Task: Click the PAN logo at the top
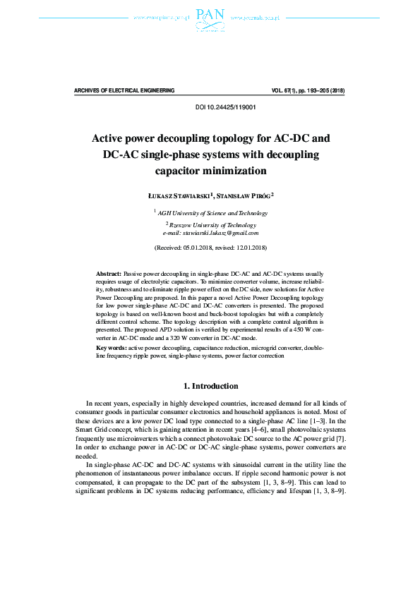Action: (x=210, y=19)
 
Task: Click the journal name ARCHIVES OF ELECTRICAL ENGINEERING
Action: (x=124, y=91)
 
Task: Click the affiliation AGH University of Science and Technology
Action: (x=212, y=212)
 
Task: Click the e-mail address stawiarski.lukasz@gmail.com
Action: (x=220, y=233)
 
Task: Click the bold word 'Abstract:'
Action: (x=109, y=272)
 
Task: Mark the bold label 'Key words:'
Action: (x=112, y=348)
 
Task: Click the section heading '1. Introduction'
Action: (x=210, y=386)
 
